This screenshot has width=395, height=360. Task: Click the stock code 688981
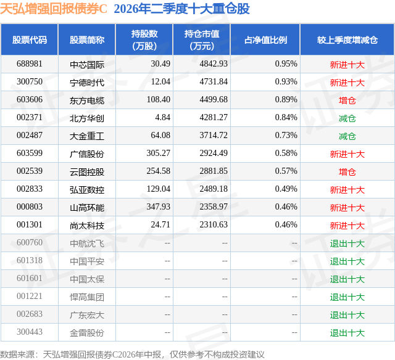pyautogui.click(x=30, y=64)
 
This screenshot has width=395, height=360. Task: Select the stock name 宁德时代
pyautogui.click(x=87, y=82)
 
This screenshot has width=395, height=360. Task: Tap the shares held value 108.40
pyautogui.click(x=159, y=100)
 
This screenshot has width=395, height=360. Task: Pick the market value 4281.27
pyautogui.click(x=214, y=118)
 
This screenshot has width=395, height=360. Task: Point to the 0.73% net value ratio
pyautogui.click(x=286, y=136)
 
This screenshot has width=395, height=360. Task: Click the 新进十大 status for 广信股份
pyautogui.click(x=347, y=153)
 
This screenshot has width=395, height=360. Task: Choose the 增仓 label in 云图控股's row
pyautogui.click(x=347, y=171)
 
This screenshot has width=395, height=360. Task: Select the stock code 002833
pyautogui.click(x=30, y=189)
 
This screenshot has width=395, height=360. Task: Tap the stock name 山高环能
pyautogui.click(x=87, y=207)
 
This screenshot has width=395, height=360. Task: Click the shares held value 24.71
pyautogui.click(x=160, y=224)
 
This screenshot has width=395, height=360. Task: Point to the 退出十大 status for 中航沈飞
pyautogui.click(x=347, y=243)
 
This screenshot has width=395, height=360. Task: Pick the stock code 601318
pyautogui.click(x=30, y=260)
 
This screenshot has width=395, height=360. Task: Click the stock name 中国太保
pyautogui.click(x=87, y=279)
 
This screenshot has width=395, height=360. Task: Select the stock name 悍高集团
pyautogui.click(x=87, y=297)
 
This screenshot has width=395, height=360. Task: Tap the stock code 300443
pyautogui.click(x=30, y=332)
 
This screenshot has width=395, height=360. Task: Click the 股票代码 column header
pyautogui.click(x=30, y=39)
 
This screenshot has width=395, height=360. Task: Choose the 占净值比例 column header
pyautogui.click(x=265, y=39)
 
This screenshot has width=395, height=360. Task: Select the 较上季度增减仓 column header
pyautogui.click(x=347, y=39)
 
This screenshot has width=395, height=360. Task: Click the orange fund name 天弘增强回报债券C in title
pyautogui.click(x=54, y=9)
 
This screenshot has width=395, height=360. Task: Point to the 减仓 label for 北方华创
pyautogui.click(x=347, y=118)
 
